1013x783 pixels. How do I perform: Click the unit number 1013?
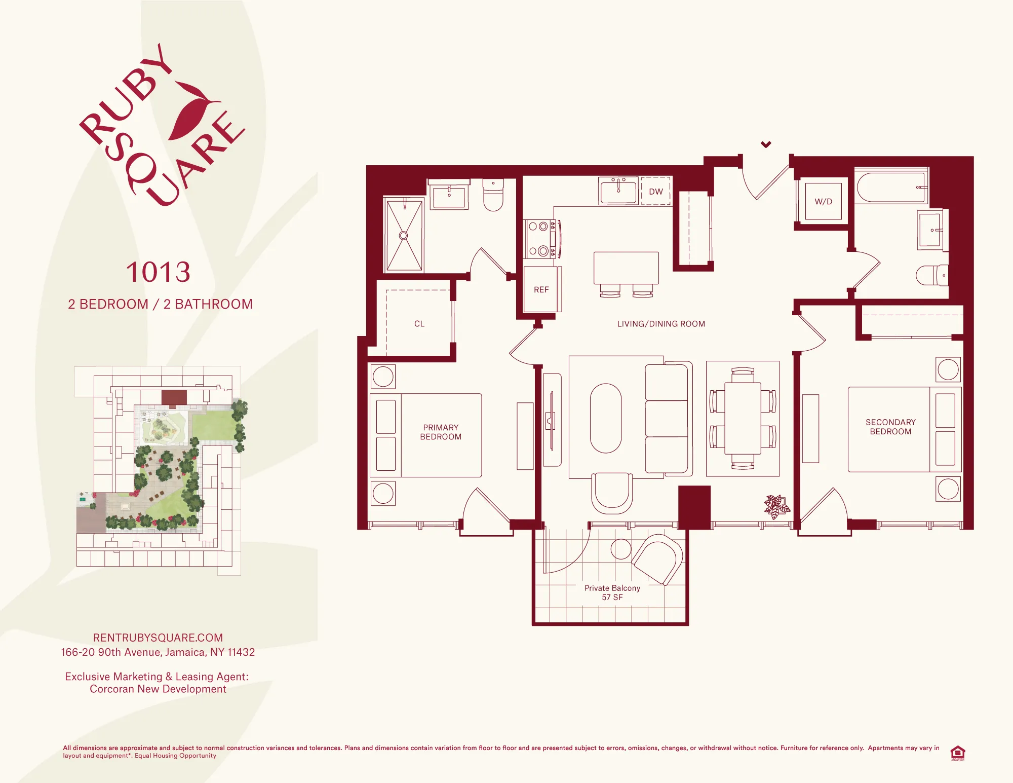click(158, 273)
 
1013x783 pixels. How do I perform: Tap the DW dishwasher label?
click(656, 192)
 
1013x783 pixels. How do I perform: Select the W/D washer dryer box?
click(823, 201)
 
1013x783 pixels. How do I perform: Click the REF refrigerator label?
click(541, 290)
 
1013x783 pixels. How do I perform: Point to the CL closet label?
click(419, 324)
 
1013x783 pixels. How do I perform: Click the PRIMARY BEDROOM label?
click(441, 432)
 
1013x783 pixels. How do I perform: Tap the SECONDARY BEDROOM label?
click(890, 427)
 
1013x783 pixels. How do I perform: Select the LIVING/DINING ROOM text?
click(661, 324)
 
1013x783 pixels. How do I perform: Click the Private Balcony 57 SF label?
click(612, 592)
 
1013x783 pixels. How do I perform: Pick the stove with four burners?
click(540, 239)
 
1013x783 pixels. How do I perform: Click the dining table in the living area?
click(743, 418)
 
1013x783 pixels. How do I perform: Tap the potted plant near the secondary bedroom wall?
click(775, 506)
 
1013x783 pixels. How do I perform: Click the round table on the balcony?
click(620, 549)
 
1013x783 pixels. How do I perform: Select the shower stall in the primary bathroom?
click(404, 236)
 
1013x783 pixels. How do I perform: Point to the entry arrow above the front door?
click(766, 144)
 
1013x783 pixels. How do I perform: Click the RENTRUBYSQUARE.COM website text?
click(158, 638)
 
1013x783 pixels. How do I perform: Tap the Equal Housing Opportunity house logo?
click(957, 753)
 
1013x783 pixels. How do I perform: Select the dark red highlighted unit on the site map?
click(174, 398)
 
